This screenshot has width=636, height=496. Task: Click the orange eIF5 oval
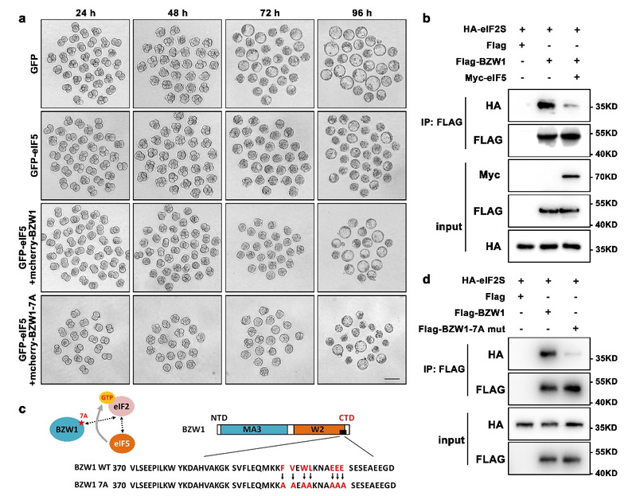[x=117, y=443]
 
